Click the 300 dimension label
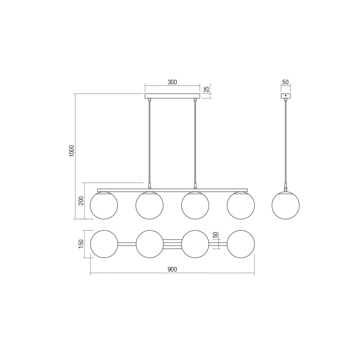[172, 82]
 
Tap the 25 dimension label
[206, 89]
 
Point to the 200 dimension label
[81, 201]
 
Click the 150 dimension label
[81, 244]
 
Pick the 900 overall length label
[172, 269]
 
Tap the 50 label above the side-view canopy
[285, 82]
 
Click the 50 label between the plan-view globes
[215, 235]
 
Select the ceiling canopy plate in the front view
[172, 96]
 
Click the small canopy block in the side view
[285, 96]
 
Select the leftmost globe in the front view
[104, 205]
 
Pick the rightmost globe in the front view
[241, 205]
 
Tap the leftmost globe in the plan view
[104, 244]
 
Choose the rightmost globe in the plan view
[241, 244]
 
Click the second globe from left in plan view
[149, 244]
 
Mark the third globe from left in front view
[195, 205]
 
